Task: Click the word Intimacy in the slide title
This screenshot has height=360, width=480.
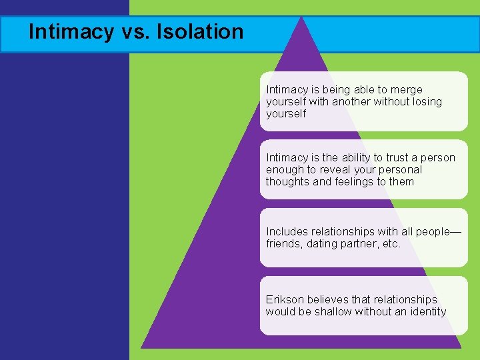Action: coord(62,31)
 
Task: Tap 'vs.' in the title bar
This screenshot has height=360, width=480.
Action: coord(133,31)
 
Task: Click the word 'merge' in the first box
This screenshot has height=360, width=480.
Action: coord(407,89)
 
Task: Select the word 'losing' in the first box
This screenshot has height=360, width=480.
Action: coord(427,101)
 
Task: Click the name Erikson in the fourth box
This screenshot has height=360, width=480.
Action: coord(284,299)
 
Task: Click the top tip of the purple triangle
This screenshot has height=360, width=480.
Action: coord(302,17)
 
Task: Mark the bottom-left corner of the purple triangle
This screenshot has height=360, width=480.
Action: coord(142,347)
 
